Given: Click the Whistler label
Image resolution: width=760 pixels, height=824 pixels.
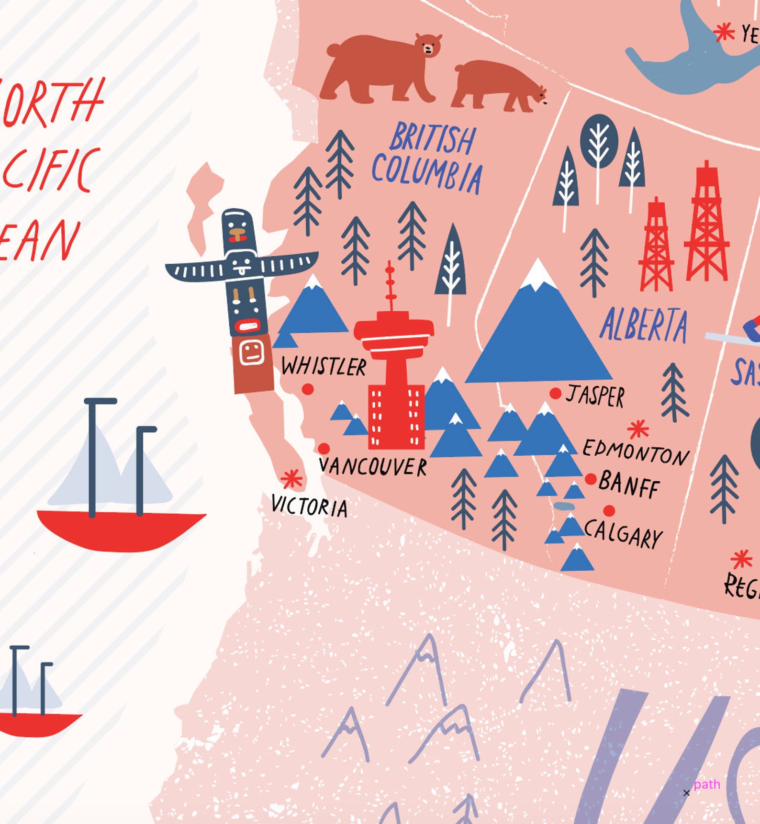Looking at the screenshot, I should [324, 367].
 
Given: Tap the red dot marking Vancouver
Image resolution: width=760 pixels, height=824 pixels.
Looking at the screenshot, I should [324, 449].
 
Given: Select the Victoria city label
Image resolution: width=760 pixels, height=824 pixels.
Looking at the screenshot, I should [309, 507].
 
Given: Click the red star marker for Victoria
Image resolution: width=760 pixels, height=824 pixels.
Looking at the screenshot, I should [291, 479].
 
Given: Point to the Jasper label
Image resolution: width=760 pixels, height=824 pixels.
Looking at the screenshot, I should [595, 395].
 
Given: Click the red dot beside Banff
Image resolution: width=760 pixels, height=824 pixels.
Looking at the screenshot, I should [591, 479].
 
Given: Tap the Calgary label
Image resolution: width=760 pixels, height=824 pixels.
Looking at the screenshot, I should [624, 533].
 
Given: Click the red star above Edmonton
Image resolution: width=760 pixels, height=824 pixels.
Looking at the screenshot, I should [638, 429].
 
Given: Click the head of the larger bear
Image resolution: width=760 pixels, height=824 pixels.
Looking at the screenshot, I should [428, 46].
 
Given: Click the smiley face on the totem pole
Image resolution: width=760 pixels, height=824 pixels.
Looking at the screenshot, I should [252, 352].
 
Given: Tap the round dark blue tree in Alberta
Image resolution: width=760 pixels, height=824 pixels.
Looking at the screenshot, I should [599, 141].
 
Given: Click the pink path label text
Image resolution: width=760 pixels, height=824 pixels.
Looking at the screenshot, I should [706, 784].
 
